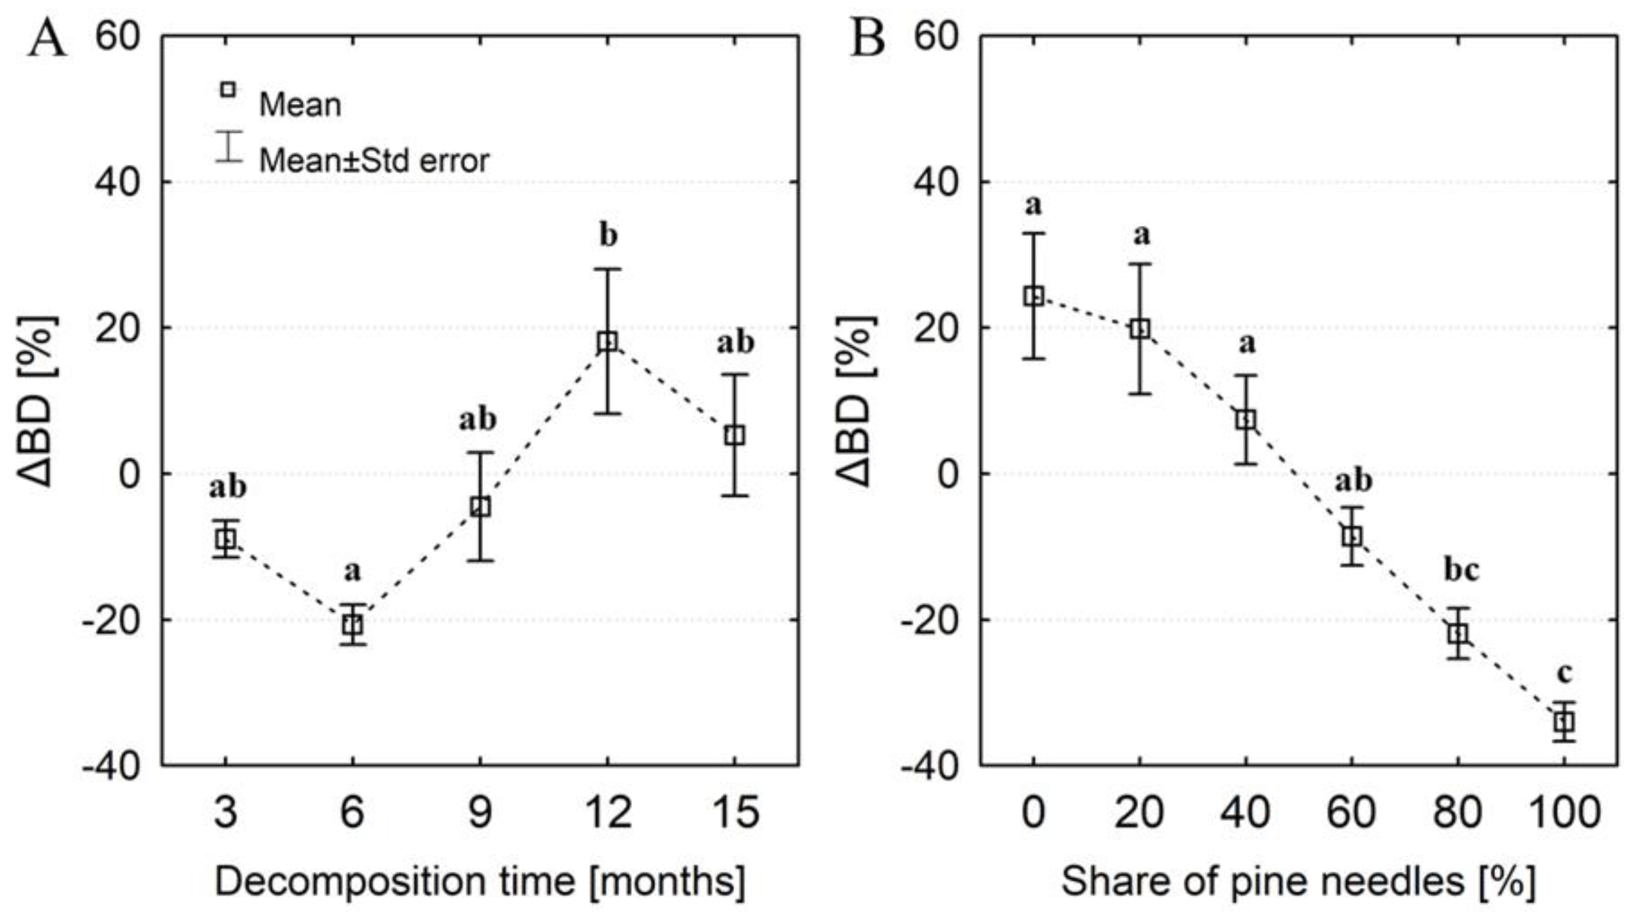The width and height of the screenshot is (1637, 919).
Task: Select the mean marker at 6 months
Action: click(x=353, y=625)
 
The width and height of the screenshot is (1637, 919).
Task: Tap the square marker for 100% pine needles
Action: click(x=1564, y=722)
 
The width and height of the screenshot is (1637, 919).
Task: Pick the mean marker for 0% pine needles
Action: click(x=1034, y=296)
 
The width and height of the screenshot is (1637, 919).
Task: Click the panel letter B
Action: click(x=867, y=38)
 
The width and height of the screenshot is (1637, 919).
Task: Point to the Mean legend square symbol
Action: click(x=228, y=90)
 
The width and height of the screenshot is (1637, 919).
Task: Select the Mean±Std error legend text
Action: click(x=373, y=160)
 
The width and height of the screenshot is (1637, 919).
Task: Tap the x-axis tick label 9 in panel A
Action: click(x=480, y=813)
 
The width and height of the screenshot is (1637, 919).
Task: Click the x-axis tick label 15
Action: click(x=735, y=813)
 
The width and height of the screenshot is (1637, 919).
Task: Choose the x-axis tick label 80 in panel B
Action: click(x=1458, y=813)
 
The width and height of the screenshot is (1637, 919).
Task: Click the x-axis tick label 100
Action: click(x=1564, y=813)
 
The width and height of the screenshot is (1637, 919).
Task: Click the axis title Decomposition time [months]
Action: click(x=480, y=882)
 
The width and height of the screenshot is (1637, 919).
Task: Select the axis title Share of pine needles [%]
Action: click(x=1298, y=882)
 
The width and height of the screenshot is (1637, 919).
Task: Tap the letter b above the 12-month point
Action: click(x=608, y=235)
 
